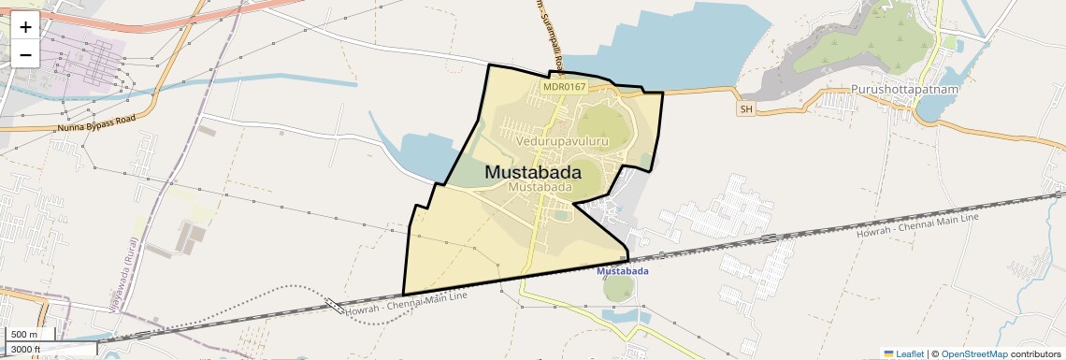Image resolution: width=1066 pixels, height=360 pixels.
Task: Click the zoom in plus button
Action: pyautogui.click(x=25, y=26)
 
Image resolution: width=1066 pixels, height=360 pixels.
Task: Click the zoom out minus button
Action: pyautogui.click(x=25, y=54)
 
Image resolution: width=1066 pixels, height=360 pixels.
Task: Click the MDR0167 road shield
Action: pyautogui.click(x=564, y=87)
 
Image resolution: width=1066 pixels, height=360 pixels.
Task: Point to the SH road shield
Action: pyautogui.click(x=745, y=109)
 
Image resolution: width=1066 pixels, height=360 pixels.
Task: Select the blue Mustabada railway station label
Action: pyautogui.click(x=623, y=271)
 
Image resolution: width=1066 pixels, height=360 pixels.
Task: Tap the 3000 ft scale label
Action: pyautogui.click(x=25, y=349)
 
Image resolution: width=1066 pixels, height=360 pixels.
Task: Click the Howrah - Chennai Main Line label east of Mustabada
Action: pyautogui.click(x=916, y=225)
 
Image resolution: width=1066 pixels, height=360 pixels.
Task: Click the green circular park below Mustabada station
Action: pyautogui.click(x=618, y=288)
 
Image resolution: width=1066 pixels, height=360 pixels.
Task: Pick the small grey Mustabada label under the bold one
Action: pyautogui.click(x=539, y=187)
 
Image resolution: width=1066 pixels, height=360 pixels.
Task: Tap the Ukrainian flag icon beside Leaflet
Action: pyautogui.click(x=889, y=353)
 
